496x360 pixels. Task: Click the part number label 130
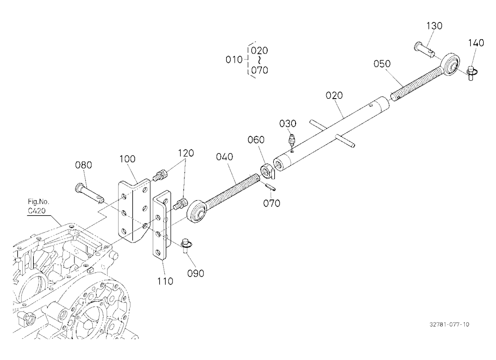(x=434, y=26)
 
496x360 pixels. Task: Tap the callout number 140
(x=476, y=43)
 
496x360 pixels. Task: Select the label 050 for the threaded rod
(x=382, y=63)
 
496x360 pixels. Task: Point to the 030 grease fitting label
(x=288, y=123)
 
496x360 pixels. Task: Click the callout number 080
(x=83, y=165)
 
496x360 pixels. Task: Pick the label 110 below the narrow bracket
(x=165, y=281)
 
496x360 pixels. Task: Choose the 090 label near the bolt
(x=195, y=273)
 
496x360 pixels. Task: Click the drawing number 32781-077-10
(x=449, y=324)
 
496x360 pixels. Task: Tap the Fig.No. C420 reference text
(x=38, y=206)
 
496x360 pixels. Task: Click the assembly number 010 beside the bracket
(x=234, y=60)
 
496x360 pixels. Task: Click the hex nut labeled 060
(x=265, y=171)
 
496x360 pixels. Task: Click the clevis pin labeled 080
(x=89, y=193)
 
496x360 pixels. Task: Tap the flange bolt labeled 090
(x=186, y=246)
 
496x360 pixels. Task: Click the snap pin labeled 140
(x=472, y=73)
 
